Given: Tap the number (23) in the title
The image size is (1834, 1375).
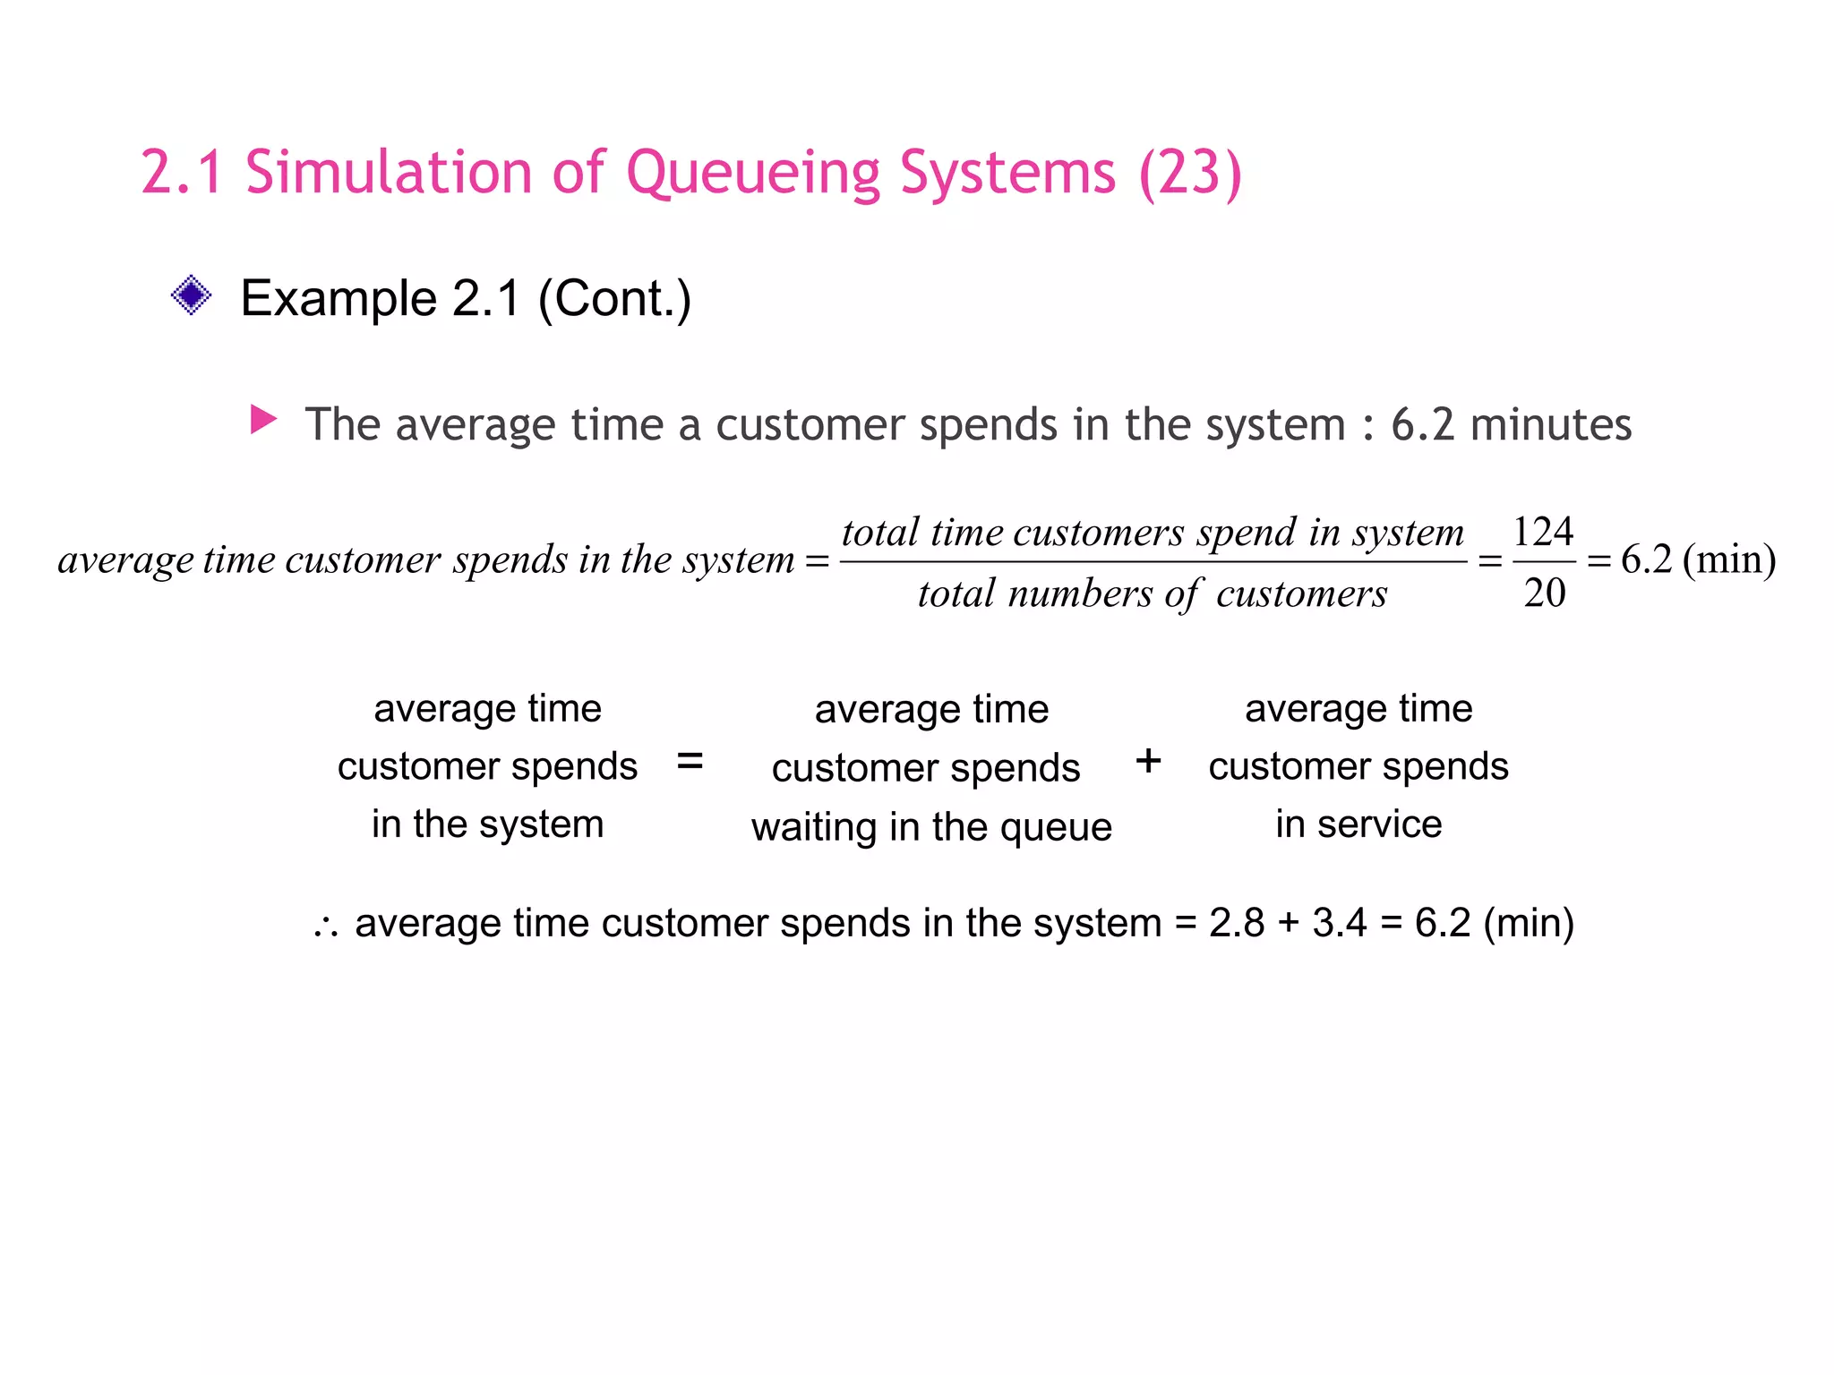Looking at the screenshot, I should [x=1190, y=173].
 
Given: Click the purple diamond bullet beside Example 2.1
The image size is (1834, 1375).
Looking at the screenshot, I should [x=191, y=295].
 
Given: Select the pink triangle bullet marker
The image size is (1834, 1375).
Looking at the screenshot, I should [x=263, y=419].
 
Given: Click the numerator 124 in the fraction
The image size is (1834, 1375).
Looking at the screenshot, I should [x=1542, y=532].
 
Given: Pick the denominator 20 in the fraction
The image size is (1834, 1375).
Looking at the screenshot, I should [x=1544, y=593].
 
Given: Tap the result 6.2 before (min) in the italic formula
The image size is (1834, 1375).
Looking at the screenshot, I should [x=1646, y=559].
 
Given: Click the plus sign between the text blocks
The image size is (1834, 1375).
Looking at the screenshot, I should [x=1148, y=762].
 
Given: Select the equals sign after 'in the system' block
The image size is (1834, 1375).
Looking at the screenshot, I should [x=690, y=762].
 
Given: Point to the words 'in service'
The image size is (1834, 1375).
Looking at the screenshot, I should [x=1358, y=824].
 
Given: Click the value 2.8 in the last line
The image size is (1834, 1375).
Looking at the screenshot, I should [x=1237, y=923].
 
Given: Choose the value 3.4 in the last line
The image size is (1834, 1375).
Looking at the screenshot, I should [x=1340, y=923].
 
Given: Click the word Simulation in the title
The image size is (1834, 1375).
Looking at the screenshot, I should [x=389, y=173].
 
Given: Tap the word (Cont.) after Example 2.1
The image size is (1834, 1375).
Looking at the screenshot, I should [x=614, y=298].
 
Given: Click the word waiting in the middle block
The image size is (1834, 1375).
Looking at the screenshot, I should [x=813, y=826].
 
